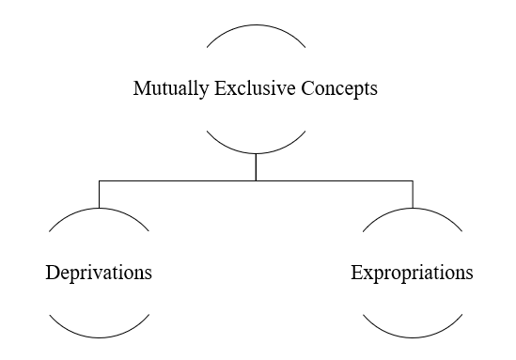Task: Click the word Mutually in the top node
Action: [x=164, y=90]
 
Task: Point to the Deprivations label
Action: [x=99, y=274]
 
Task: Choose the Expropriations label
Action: [x=412, y=274]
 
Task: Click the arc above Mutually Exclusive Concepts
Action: [x=256, y=26]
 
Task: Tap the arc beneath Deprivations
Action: [x=99, y=337]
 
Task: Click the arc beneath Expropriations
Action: [x=412, y=337]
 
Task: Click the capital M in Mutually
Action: [x=141, y=90]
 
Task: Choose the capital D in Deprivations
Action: [x=53, y=274]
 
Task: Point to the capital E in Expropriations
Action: [x=356, y=274]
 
